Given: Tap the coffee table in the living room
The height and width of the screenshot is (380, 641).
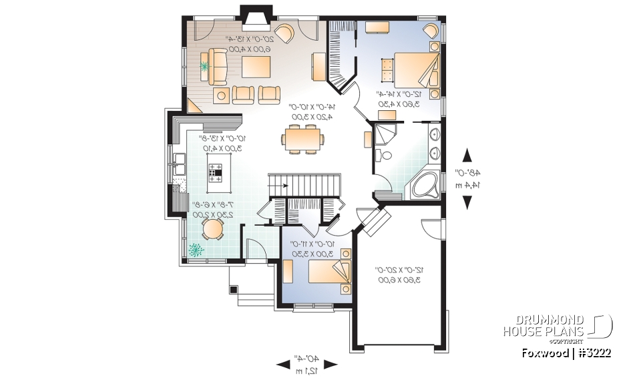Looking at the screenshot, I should pyautogui.click(x=256, y=67).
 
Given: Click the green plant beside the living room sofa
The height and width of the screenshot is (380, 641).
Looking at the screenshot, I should pyautogui.click(x=205, y=66).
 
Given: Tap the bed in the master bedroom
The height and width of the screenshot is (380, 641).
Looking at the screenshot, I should pyautogui.click(x=412, y=69).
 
